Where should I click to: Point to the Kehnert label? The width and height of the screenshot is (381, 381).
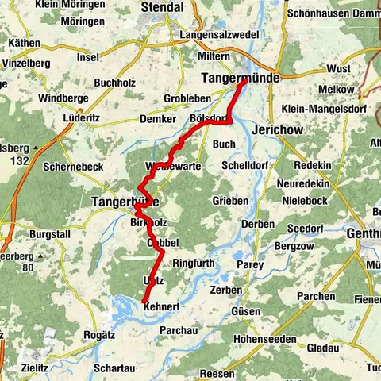pyautogui.click(x=164, y=308)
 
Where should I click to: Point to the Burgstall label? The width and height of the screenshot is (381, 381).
pyautogui.click(x=50, y=236)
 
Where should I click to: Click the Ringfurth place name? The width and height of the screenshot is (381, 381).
pyautogui.click(x=194, y=262)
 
